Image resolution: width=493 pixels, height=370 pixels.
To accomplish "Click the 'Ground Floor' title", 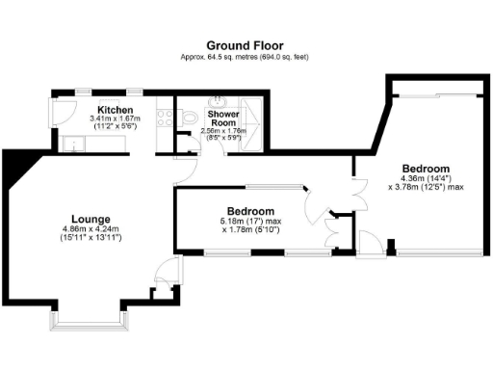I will pos(246,45).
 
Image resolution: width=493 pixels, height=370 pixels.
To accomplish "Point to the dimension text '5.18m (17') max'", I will pos(250,221).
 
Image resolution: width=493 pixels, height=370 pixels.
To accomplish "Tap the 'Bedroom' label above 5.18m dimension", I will pos(250,211).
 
